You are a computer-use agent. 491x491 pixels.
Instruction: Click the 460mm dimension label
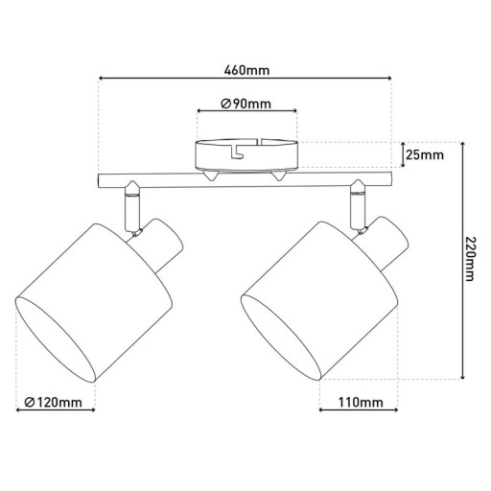coord(245,70)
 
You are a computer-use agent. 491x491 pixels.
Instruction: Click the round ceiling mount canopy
coord(246,154)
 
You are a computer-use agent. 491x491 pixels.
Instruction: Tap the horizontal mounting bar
coord(245,179)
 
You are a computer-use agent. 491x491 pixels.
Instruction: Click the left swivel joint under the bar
coord(131,205)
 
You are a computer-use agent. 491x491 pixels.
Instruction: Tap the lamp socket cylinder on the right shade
coord(387,243)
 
